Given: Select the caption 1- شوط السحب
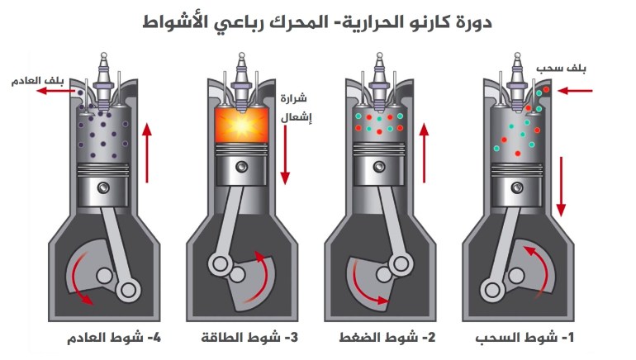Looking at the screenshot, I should click(x=521, y=339).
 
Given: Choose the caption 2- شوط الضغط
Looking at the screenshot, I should click(x=384, y=339).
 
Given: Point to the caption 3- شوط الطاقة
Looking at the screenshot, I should click(x=245, y=339).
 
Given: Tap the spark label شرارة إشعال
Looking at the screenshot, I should click(x=292, y=105).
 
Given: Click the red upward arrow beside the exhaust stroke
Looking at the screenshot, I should click(x=148, y=153).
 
